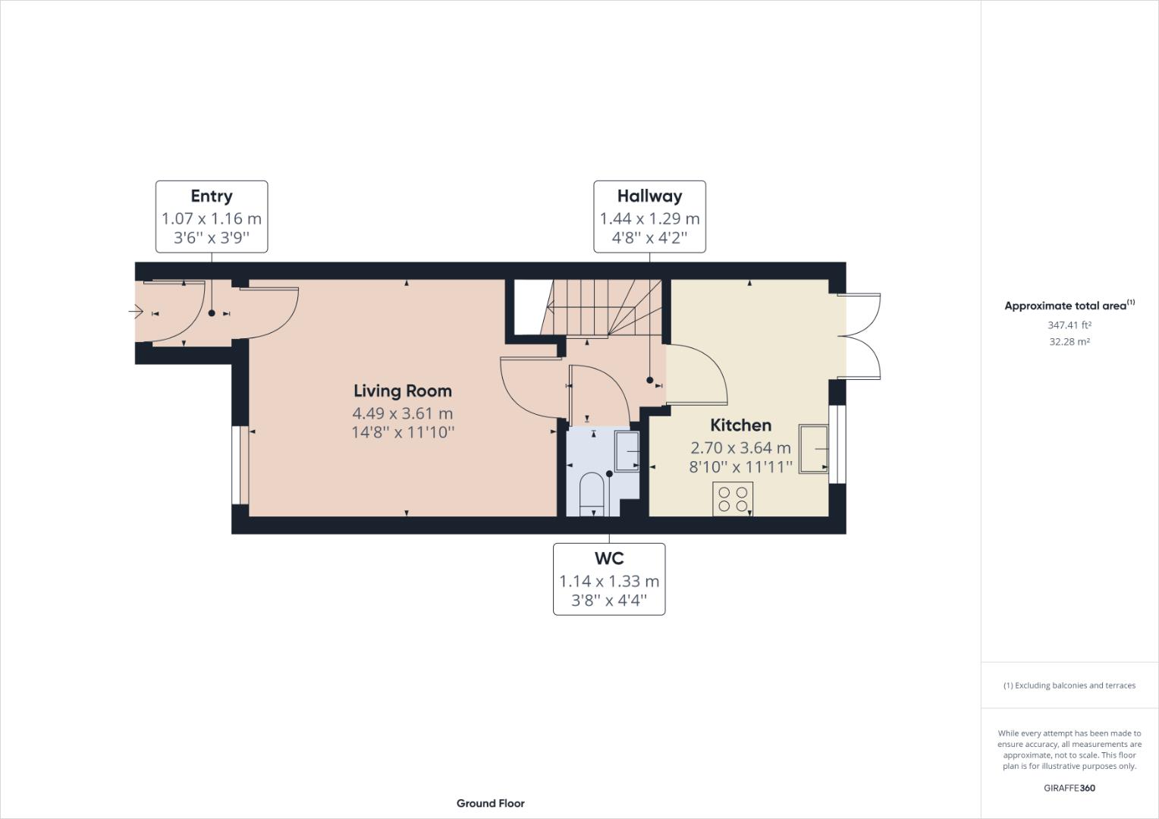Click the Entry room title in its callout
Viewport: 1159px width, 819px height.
(x=211, y=196)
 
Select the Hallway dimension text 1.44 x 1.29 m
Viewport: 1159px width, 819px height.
(x=649, y=219)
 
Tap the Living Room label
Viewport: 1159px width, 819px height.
(x=403, y=391)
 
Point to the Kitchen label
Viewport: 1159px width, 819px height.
(x=740, y=425)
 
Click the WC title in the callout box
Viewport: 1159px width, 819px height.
(x=609, y=559)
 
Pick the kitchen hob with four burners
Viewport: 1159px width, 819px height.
(x=733, y=499)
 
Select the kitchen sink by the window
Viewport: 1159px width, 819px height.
(x=813, y=449)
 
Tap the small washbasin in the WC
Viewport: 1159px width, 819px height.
(x=627, y=451)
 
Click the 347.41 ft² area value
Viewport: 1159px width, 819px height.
(x=1069, y=325)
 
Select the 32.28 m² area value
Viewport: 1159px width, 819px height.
(x=1069, y=341)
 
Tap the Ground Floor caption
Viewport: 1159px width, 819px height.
(x=490, y=803)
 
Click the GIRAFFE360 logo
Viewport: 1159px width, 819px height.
(x=1069, y=788)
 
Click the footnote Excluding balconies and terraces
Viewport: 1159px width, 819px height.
(x=1069, y=686)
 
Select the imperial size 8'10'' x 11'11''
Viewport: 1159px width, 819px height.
(x=740, y=466)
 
